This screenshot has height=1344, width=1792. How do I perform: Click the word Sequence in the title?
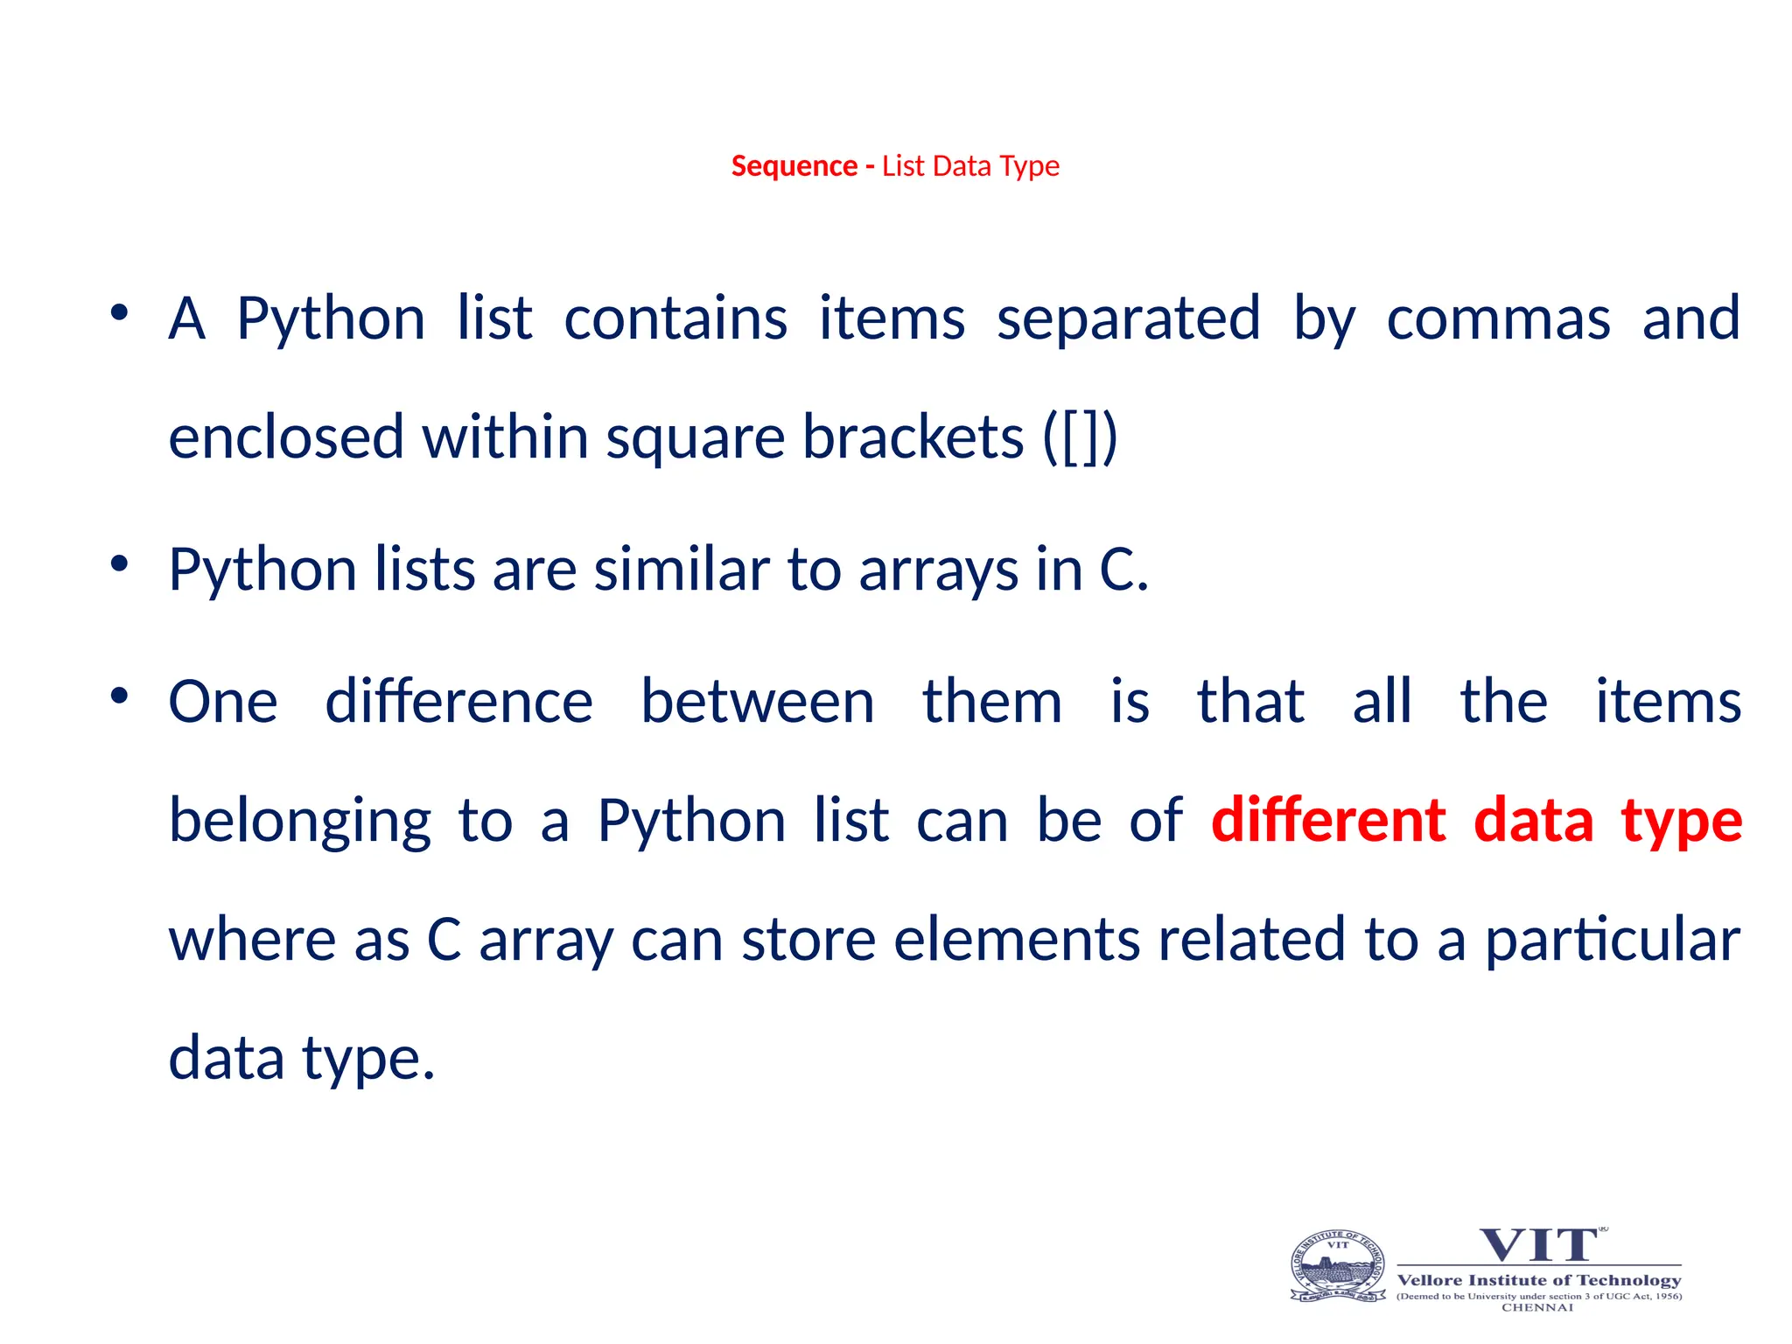coord(794,166)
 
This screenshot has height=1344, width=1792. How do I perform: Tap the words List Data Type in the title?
coord(970,166)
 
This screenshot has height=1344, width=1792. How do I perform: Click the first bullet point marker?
coord(120,312)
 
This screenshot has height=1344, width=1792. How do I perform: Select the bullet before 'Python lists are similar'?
coord(120,563)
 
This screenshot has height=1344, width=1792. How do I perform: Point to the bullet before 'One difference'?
coord(120,696)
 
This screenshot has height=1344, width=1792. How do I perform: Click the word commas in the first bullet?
coord(1498,319)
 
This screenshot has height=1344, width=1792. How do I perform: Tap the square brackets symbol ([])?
coord(1080,437)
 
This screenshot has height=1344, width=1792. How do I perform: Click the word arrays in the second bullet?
coord(938,570)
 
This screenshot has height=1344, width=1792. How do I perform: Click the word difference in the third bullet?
coord(459,702)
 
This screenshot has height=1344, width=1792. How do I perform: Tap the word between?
coord(757,702)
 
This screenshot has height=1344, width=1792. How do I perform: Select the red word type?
coord(1681,823)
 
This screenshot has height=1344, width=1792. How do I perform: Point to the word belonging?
coord(299,823)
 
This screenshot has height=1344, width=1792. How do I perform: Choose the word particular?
coord(1612,941)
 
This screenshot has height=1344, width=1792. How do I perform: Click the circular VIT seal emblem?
coord(1338,1266)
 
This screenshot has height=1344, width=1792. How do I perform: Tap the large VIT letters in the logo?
coord(1538,1244)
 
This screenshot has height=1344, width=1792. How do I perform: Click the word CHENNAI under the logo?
coord(1537,1307)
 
